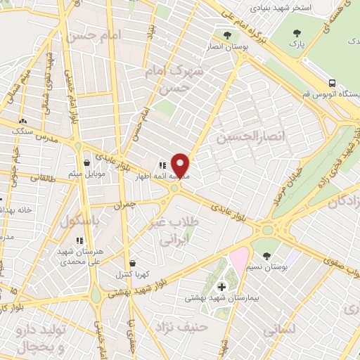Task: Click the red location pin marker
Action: [x=181, y=165]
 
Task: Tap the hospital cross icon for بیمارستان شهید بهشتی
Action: [x=222, y=286]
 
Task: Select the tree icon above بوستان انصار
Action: [x=226, y=34]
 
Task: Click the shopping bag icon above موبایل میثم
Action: [x=86, y=162]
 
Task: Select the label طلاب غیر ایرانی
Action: [x=171, y=231]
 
